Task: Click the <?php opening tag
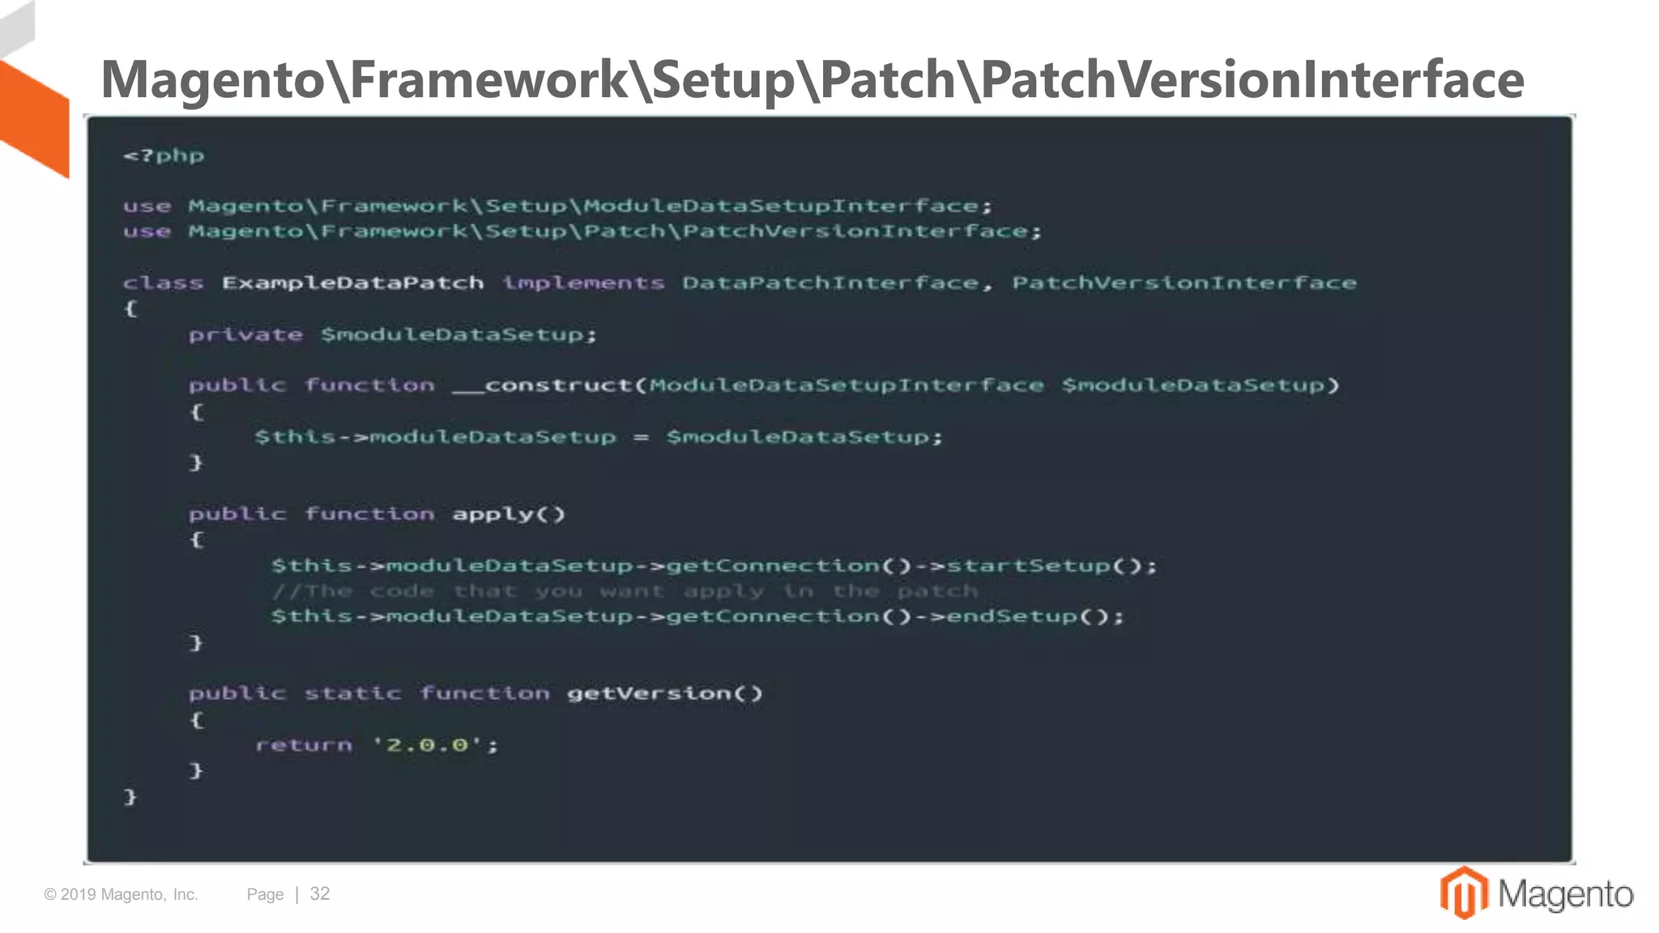(x=164, y=155)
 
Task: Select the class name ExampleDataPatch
(x=352, y=283)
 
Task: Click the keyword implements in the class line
(x=583, y=283)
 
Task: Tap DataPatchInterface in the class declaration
(x=830, y=283)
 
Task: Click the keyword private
(x=245, y=334)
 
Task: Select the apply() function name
(x=508, y=514)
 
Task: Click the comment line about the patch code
(x=625, y=591)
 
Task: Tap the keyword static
(x=352, y=693)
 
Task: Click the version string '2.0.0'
(x=428, y=745)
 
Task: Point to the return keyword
(x=304, y=745)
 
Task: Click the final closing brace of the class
(x=130, y=797)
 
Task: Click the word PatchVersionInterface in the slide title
(x=1252, y=79)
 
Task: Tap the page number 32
(x=320, y=894)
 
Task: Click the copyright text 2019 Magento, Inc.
(x=122, y=895)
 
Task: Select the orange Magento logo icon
(x=1463, y=893)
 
